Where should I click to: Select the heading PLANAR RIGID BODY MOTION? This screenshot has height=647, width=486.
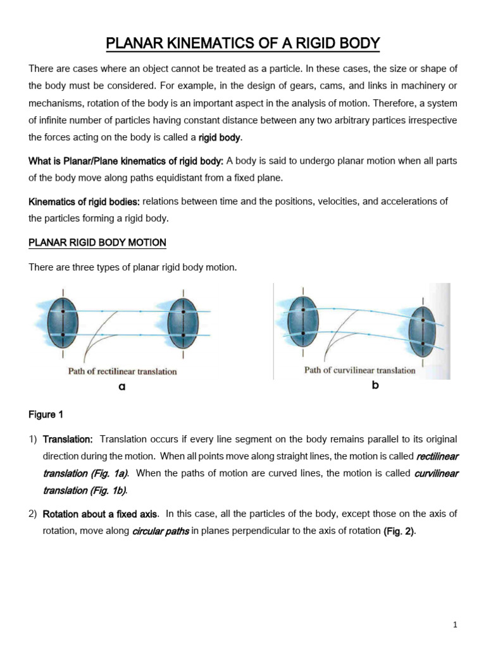(97, 243)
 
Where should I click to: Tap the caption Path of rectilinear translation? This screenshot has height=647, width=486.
(122, 372)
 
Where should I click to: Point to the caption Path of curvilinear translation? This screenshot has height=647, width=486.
(359, 370)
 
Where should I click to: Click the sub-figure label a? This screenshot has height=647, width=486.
(121, 387)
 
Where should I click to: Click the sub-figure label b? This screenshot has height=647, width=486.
(375, 385)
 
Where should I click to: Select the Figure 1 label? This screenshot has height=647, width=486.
(46, 414)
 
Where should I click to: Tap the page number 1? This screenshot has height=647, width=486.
(454, 625)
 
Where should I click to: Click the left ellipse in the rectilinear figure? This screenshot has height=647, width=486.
(61, 322)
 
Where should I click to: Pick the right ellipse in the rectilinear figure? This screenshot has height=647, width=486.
(183, 322)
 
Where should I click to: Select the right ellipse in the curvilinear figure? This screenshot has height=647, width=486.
(423, 332)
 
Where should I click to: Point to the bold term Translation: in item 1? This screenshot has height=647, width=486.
(68, 439)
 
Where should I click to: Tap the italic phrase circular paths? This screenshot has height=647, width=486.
(160, 531)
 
